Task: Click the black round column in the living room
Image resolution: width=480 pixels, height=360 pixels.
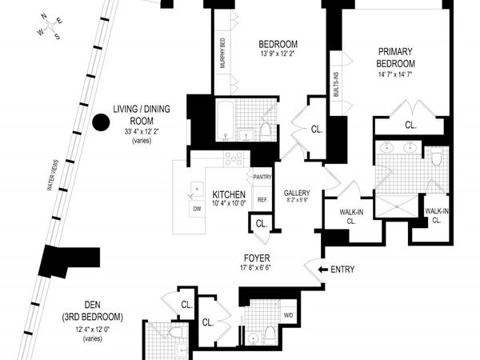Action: [x=100, y=122]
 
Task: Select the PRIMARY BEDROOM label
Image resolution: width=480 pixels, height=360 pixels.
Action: [x=408, y=58]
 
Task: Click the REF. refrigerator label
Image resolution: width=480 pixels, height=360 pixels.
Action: [x=262, y=200]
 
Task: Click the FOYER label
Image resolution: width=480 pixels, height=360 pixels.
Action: [x=257, y=258]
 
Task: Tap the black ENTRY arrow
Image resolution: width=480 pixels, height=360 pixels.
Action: [x=323, y=269]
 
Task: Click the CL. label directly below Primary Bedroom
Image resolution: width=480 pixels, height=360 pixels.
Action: [x=410, y=125]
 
